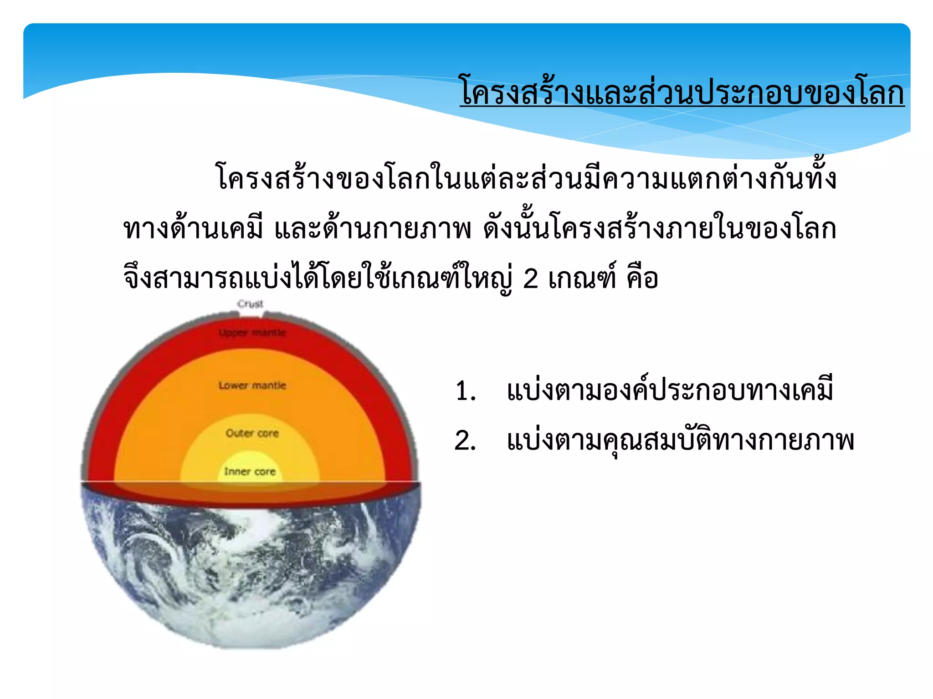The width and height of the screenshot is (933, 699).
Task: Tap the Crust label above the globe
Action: pyautogui.click(x=250, y=304)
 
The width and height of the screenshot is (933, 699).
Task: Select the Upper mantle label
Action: pyautogui.click(x=252, y=333)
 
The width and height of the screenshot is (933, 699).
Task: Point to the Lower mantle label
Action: pyautogui.click(x=252, y=385)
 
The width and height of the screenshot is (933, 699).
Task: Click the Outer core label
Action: pyautogui.click(x=252, y=433)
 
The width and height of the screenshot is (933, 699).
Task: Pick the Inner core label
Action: pyautogui.click(x=250, y=471)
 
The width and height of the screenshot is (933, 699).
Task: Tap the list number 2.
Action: pyautogui.click(x=465, y=441)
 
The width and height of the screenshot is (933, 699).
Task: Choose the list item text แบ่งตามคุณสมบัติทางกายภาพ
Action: pyautogui.click(x=680, y=441)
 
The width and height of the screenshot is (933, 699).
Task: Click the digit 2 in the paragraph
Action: pyautogui.click(x=531, y=279)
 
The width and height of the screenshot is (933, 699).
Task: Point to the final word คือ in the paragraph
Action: pyautogui.click(x=642, y=279)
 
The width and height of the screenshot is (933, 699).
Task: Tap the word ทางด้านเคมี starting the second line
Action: pyautogui.click(x=193, y=228)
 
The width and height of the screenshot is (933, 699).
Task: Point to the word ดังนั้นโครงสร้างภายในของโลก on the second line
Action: pyautogui.click(x=660, y=228)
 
